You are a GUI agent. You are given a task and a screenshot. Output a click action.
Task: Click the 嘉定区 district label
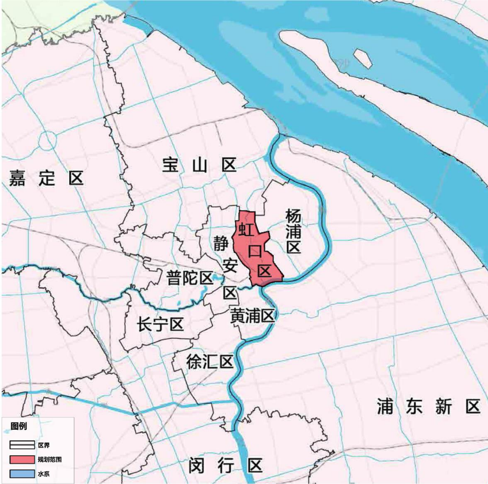tap(46, 178)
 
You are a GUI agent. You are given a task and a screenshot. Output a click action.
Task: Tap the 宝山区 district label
tap(199, 165)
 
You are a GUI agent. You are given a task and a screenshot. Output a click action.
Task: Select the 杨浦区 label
tap(293, 231)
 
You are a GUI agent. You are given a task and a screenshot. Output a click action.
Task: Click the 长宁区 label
tap(160, 324)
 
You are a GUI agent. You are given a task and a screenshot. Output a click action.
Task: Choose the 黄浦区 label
tap(252, 316)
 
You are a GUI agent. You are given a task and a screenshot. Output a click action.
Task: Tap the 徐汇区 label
tap(210, 362)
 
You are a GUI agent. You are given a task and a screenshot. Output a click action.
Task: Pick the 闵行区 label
tap(225, 466)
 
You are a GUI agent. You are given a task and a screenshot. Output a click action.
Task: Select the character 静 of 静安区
tap(221, 243)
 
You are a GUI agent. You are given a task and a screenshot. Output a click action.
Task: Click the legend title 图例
tap(19, 426)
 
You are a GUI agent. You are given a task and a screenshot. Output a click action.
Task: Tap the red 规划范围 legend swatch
tap(22, 459)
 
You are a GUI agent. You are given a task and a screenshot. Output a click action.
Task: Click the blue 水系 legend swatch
tap(22, 474)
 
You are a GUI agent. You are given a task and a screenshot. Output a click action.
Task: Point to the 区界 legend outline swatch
tap(22, 445)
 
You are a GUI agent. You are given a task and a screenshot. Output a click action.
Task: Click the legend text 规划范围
tap(49, 459)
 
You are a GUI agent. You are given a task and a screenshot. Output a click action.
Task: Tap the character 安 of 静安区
tap(230, 266)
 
